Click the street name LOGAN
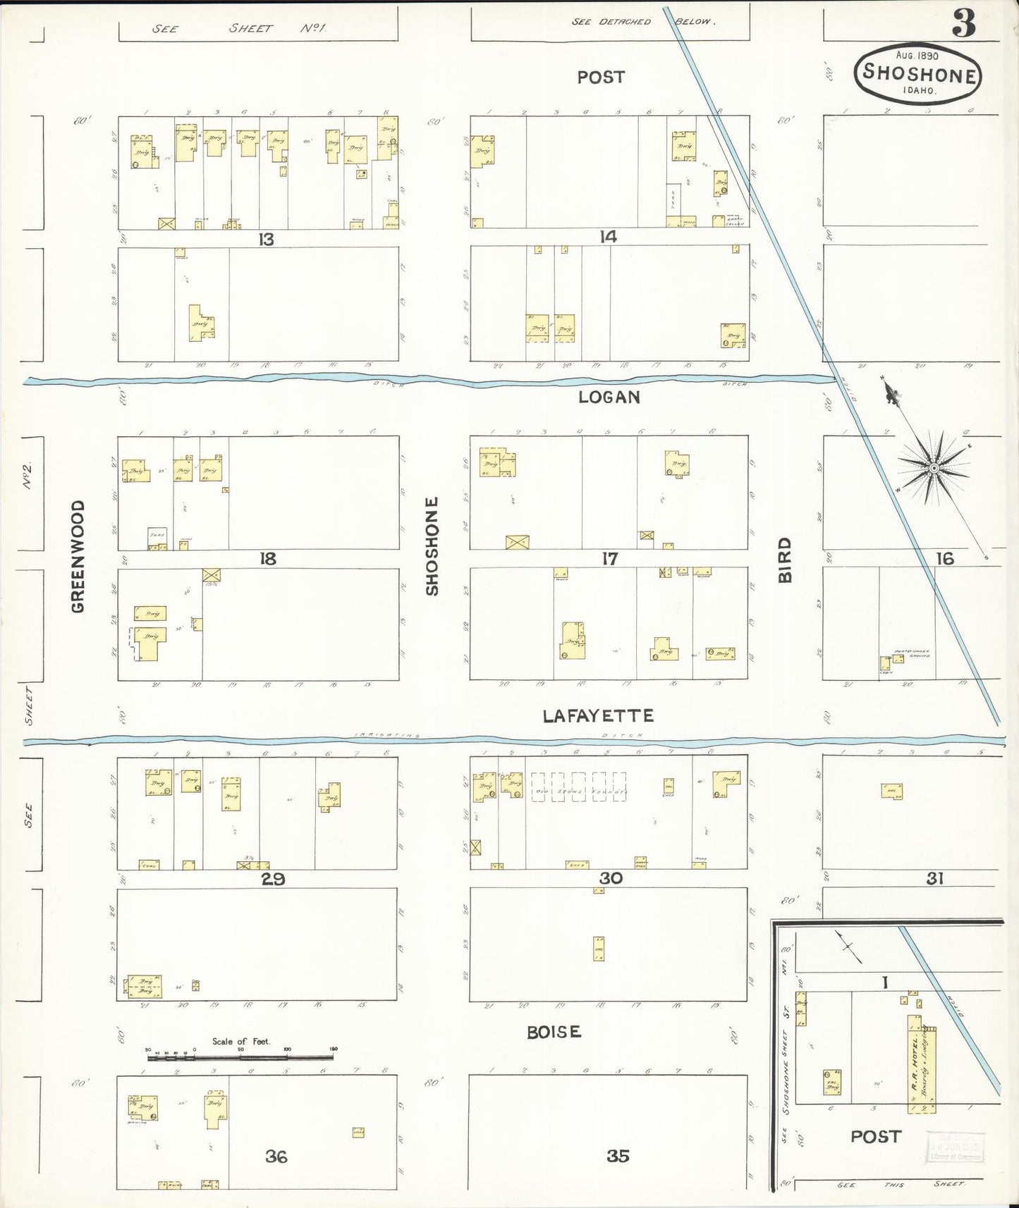point(609,397)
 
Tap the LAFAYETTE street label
point(598,715)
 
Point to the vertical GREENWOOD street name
point(78,556)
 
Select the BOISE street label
point(554,1032)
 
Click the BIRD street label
point(785,560)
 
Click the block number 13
point(265,239)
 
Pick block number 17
point(609,559)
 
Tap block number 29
point(273,879)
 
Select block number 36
point(276,1156)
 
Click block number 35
point(618,1156)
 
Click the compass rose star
point(934,468)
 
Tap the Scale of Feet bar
point(240,1058)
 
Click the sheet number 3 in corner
point(964,24)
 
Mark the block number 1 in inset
point(884,982)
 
